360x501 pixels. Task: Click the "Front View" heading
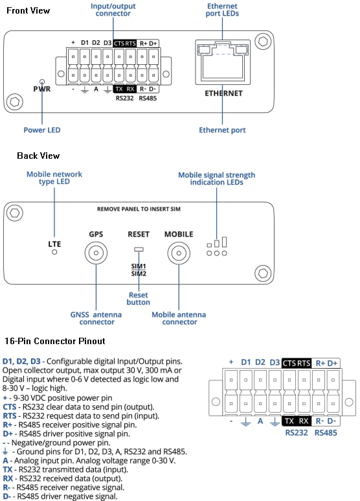(28, 11)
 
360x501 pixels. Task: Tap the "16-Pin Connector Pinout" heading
(54, 340)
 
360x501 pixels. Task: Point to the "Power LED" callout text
(42, 130)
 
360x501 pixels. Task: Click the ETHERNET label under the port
(223, 93)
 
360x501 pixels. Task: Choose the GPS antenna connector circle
(96, 253)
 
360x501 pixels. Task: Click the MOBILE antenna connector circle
(179, 253)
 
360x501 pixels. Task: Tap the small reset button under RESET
(137, 248)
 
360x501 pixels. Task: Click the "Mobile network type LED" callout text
(48, 178)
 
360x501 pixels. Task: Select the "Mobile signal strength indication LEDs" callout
(216, 178)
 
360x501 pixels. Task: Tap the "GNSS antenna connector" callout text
(96, 318)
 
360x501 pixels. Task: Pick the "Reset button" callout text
(138, 298)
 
